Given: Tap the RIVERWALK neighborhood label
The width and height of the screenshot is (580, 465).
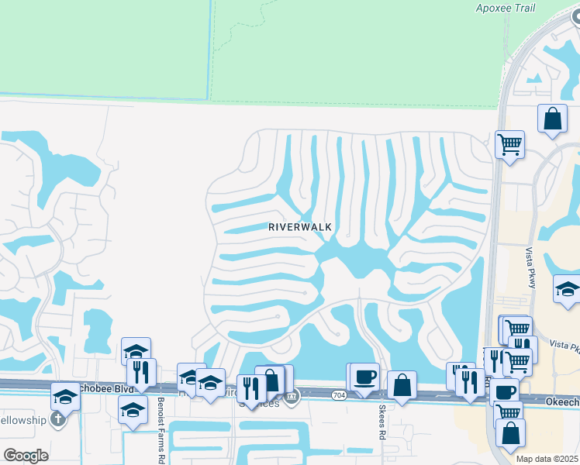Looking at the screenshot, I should coord(300,227).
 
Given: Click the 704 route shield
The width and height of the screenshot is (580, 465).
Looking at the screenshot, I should coord(339,394).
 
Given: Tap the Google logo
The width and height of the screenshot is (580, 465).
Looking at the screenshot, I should coord(25,456).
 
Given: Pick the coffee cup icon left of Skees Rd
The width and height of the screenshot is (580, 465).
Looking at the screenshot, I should coord(364,377).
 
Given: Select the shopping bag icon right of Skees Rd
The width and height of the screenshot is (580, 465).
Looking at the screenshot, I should coord(402,384).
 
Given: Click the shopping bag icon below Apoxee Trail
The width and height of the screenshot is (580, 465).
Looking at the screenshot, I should coord(552,119).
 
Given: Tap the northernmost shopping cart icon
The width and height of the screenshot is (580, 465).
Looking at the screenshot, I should coord(509,143).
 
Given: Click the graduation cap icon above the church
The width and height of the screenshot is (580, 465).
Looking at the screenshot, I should coord(66,397).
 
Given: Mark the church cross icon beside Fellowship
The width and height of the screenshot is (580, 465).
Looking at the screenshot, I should coord(56,419).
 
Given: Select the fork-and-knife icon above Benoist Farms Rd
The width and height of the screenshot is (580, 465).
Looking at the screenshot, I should coord(141,372).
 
